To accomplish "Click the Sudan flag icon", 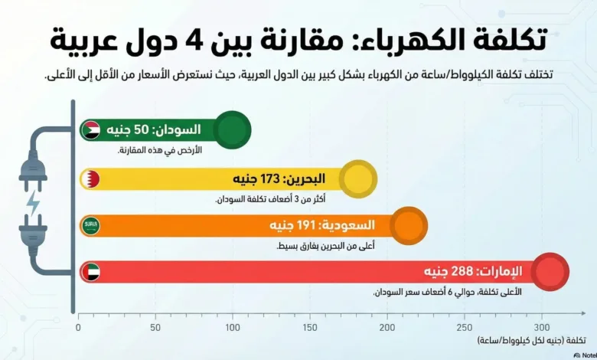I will [x=91, y=130].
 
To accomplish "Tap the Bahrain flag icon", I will [x=91, y=179].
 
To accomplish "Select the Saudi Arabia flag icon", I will [x=91, y=226].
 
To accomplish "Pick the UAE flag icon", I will [x=91, y=272].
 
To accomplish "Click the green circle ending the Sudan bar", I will [x=233, y=129].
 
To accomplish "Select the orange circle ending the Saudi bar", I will [x=409, y=226].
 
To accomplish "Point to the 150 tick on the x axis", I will [x=310, y=327].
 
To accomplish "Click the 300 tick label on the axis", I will [x=542, y=327].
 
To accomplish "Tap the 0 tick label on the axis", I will [x=78, y=327].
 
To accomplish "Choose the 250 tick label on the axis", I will [x=465, y=327].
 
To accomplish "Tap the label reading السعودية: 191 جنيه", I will [x=321, y=226].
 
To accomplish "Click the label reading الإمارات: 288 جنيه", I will [x=474, y=272].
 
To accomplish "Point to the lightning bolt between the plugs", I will [x=33, y=202].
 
